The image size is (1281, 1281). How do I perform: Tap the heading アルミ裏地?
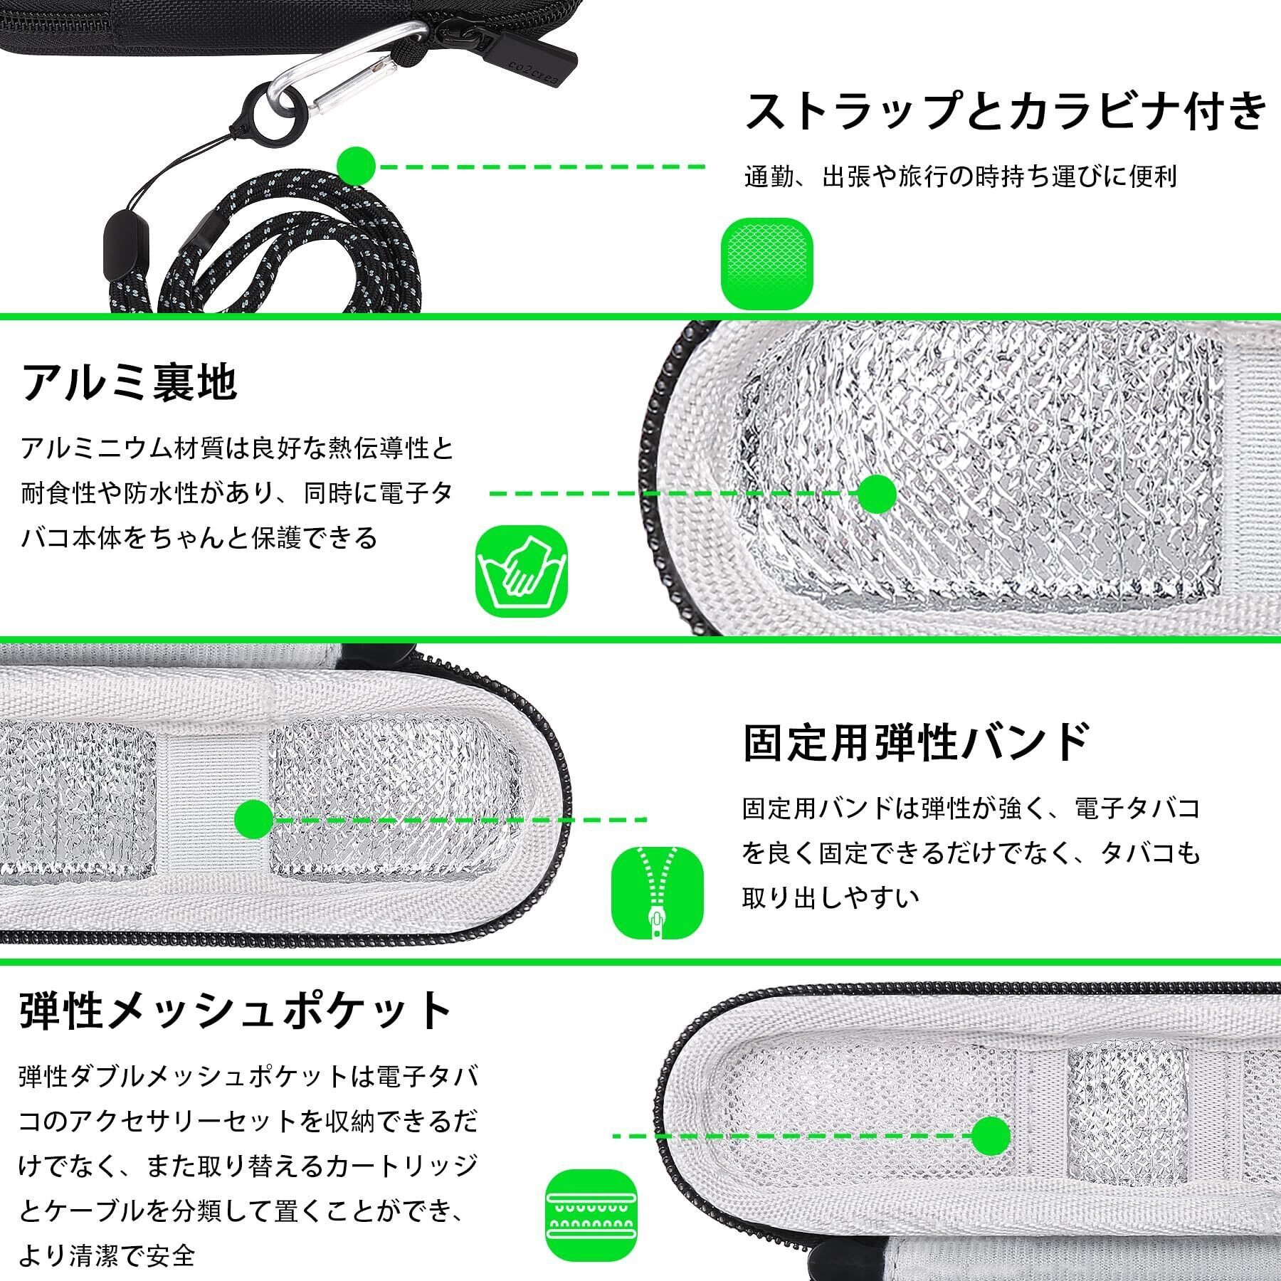129,382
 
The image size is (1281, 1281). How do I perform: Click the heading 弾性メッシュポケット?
235,1009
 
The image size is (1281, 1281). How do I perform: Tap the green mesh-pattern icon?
766,263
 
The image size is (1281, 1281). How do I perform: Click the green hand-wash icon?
521,571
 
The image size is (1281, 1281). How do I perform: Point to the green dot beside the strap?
356,166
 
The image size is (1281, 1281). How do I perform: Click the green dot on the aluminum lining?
876,492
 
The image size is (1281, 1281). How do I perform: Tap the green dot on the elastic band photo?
253,819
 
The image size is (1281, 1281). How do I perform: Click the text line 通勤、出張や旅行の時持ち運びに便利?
960,176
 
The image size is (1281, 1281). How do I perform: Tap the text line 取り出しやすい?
831,897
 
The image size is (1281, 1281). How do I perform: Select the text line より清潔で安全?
107,1255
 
